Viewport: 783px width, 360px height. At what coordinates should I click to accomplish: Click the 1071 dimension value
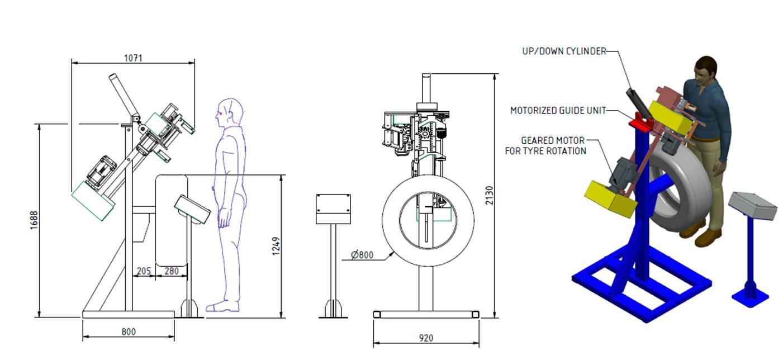pos(133,58)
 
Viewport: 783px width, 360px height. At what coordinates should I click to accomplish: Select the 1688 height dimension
pos(34,220)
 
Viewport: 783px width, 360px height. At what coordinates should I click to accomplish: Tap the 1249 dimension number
pos(276,246)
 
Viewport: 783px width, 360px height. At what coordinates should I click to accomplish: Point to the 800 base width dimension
pos(129,331)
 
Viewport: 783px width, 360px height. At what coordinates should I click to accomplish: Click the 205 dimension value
pos(144,271)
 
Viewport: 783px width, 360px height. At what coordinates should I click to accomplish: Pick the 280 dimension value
pos(172,271)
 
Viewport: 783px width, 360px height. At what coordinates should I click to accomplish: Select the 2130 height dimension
pos(490,196)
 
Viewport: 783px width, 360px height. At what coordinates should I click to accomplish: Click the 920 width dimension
pos(426,338)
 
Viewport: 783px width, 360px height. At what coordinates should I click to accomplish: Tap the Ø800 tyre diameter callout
pos(362,255)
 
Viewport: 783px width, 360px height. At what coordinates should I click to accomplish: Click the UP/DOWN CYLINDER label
pos(564,51)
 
